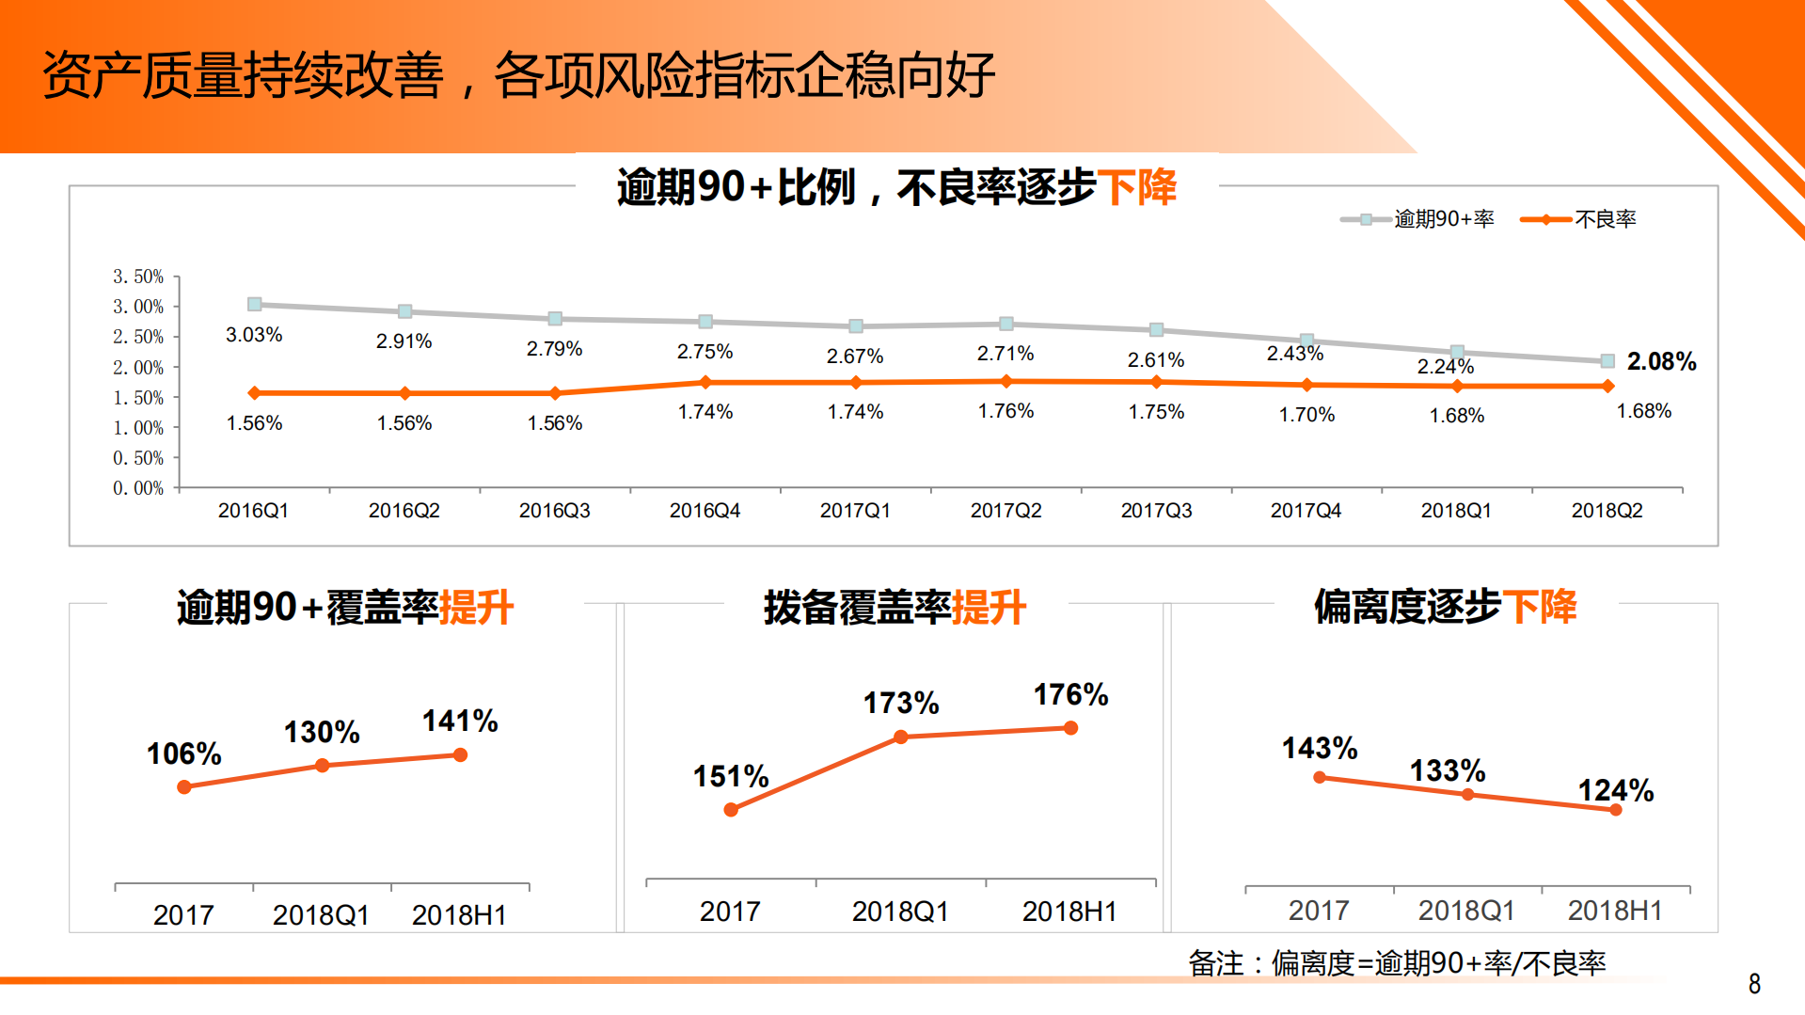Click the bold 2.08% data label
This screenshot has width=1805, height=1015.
click(x=1661, y=361)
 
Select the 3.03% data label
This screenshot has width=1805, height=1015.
click(x=254, y=335)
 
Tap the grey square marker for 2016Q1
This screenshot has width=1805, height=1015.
click(x=254, y=305)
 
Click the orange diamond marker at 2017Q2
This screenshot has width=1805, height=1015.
click(x=1006, y=382)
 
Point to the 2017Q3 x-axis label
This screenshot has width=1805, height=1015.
click(x=1156, y=511)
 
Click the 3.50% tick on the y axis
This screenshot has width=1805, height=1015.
click(x=138, y=277)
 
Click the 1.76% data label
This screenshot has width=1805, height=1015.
click(x=1005, y=411)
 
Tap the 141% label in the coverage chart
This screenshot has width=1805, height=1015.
click(x=460, y=722)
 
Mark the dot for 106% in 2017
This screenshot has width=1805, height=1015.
click(x=184, y=786)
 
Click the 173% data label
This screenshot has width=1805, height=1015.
click(x=901, y=703)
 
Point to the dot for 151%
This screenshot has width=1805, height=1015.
click(x=731, y=810)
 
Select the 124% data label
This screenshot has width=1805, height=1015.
click(x=1615, y=790)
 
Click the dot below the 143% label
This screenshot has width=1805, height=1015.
click(x=1320, y=778)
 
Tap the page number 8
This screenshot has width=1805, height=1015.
click(x=1754, y=984)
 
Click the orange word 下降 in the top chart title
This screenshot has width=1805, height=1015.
click(x=1137, y=187)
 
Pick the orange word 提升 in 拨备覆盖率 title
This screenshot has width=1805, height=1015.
click(x=989, y=608)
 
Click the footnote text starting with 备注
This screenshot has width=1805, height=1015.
click(x=1397, y=963)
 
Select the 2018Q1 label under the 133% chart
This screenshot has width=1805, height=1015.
click(x=1466, y=911)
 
